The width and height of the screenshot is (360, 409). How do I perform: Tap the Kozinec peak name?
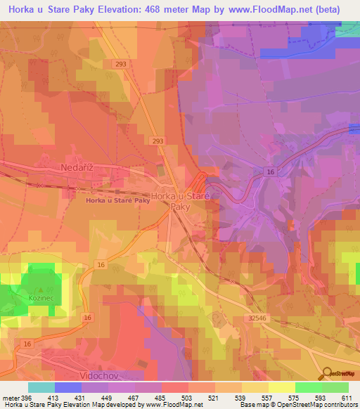[x=41, y=299]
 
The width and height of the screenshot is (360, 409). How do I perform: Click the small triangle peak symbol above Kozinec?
[x=41, y=289]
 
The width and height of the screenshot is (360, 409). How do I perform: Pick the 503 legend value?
[x=188, y=398]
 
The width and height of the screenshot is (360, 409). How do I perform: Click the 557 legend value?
[x=268, y=398]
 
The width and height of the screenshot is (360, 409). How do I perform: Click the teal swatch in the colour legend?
[x=41, y=387]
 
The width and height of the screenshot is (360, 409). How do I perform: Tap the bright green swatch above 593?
[x=308, y=387]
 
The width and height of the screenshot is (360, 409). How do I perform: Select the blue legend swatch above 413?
[x=67, y=387]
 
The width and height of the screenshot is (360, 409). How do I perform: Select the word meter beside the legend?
[x=11, y=398]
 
